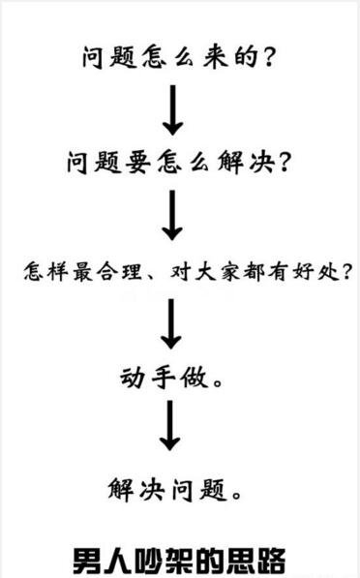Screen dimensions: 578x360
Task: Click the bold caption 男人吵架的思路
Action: [180, 559]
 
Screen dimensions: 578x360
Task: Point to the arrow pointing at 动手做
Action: [171, 323]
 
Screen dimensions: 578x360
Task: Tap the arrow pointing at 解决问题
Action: [171, 426]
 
